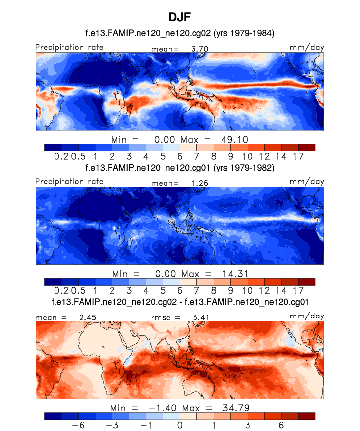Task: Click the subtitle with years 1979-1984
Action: point(180,33)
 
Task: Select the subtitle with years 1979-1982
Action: point(180,168)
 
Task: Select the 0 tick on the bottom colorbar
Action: point(180,425)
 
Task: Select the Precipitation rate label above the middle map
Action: point(69,181)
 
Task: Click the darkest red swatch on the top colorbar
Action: point(306,147)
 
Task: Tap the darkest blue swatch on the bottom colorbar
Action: point(53,416)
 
